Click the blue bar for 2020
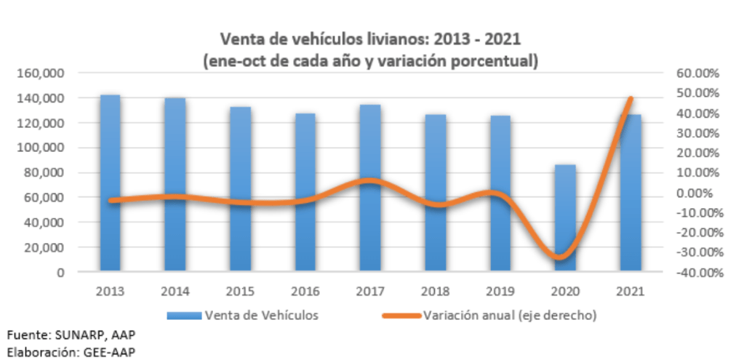[565, 218]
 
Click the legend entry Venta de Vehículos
[261, 315]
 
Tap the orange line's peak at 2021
[630, 98]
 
